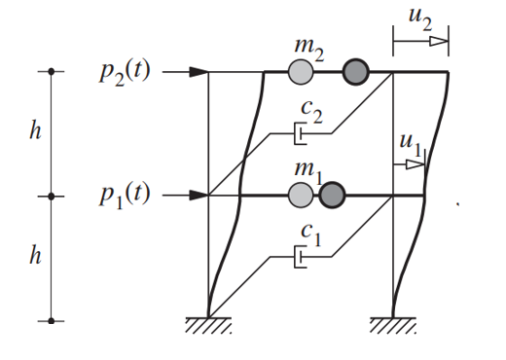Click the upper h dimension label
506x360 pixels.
[x=35, y=133]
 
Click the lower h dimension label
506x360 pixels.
[x=35, y=258]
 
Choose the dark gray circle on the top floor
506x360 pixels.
[x=356, y=72]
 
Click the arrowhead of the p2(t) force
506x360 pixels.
[x=199, y=72]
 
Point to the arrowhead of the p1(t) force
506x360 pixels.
[x=199, y=196]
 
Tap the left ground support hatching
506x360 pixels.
[x=208, y=324]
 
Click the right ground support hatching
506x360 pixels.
[x=393, y=324]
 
